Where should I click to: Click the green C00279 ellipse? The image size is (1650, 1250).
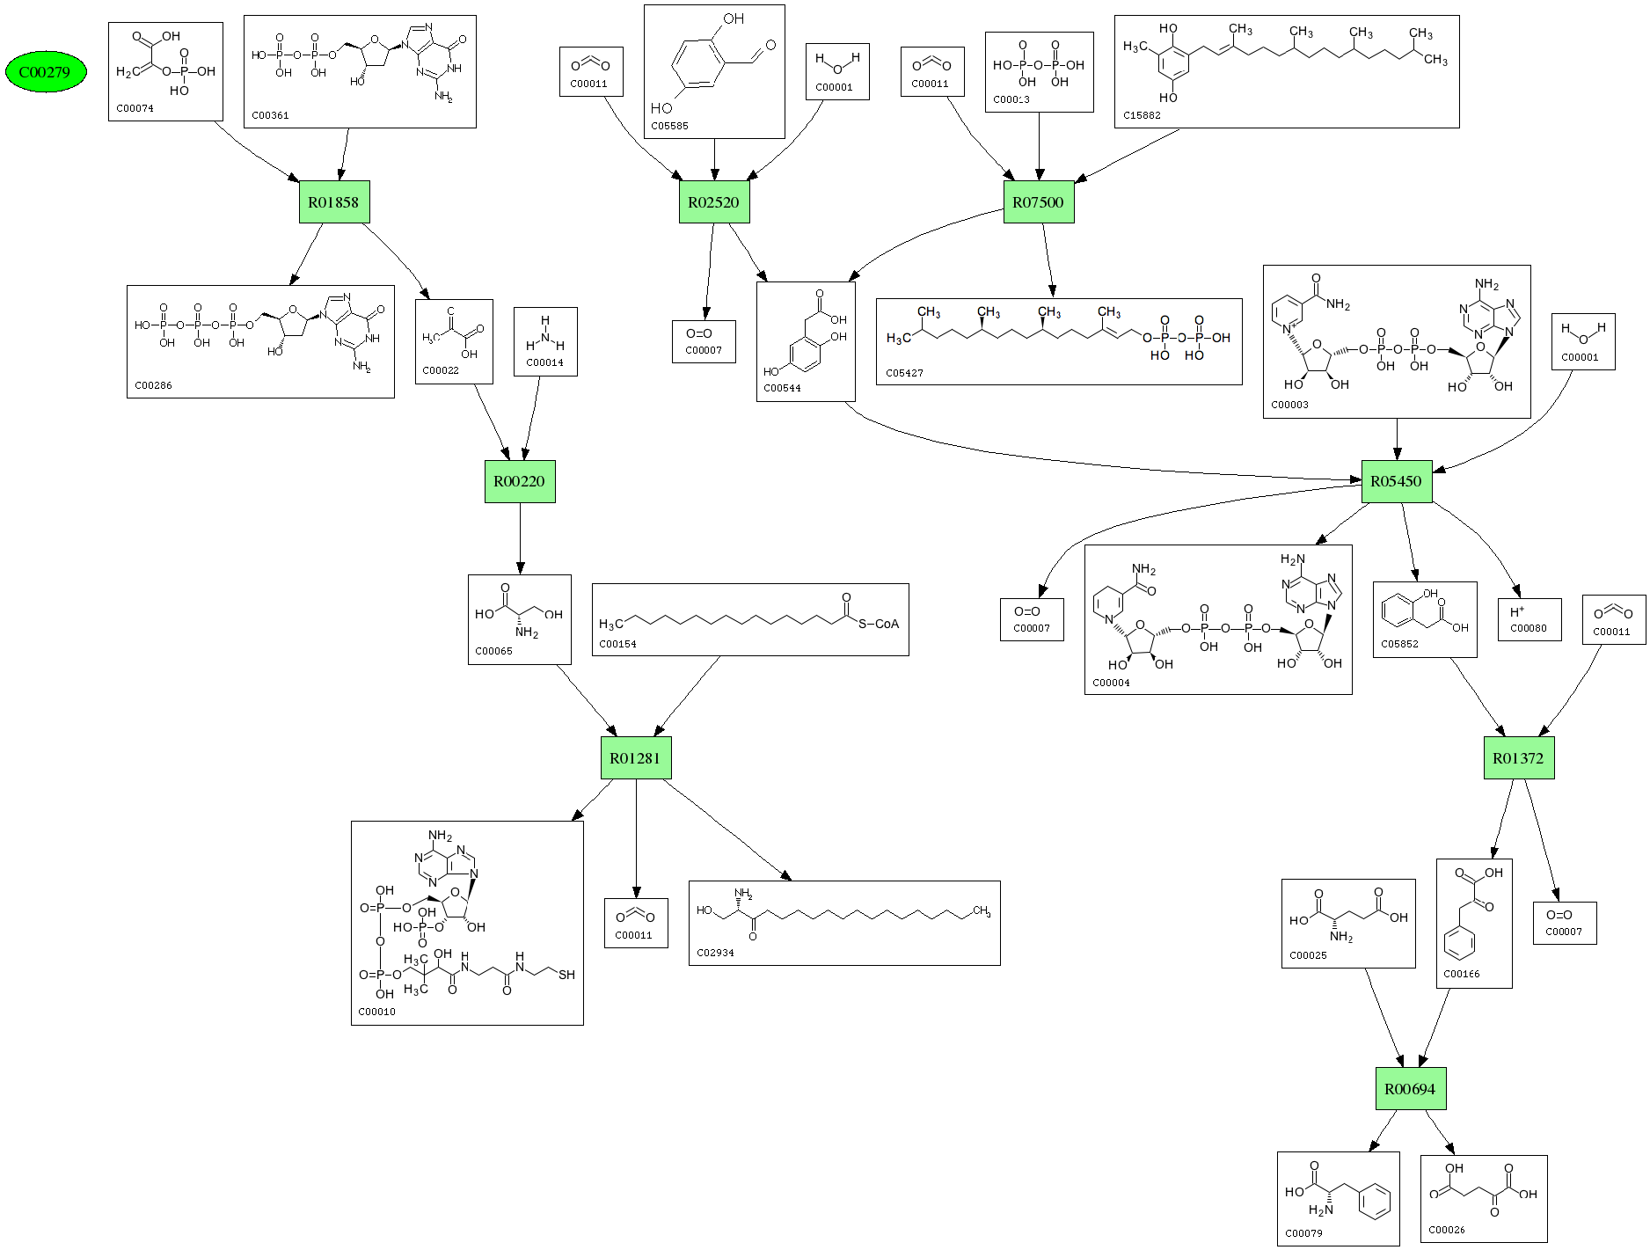tap(46, 72)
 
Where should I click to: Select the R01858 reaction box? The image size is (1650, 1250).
tap(333, 202)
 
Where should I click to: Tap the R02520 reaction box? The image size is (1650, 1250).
tap(713, 202)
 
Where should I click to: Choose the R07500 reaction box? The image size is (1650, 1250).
tap(1038, 202)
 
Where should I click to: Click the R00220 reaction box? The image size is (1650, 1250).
tap(519, 481)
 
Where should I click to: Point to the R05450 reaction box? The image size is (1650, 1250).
tap(1396, 481)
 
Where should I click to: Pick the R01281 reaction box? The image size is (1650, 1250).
tap(635, 758)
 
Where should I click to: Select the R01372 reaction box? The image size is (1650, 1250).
tap(1518, 758)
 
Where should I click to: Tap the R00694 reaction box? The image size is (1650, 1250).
tap(1410, 1089)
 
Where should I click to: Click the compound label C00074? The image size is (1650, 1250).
tap(135, 109)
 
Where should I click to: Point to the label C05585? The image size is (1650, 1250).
tap(670, 127)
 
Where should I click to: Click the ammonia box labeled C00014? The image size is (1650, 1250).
tap(545, 341)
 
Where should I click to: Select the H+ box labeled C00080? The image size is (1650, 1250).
tap(1530, 619)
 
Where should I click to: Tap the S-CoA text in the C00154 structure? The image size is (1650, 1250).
tap(879, 625)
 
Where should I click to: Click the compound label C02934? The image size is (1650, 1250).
tap(715, 953)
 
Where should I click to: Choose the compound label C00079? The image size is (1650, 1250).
tap(1303, 1233)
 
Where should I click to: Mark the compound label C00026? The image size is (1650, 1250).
tap(1447, 1230)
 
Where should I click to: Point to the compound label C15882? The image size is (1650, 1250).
tap(1142, 115)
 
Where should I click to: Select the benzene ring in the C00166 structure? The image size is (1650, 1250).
tap(1459, 945)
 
